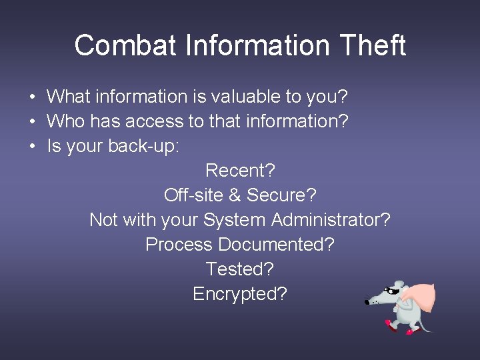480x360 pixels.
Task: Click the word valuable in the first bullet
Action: point(246,97)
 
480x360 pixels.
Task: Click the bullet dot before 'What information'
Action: point(32,97)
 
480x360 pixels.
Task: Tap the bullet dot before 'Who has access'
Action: point(32,122)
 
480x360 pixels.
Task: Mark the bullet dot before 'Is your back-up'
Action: point(32,147)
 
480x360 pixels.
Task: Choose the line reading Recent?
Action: point(240,171)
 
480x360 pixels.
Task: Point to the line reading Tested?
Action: point(240,269)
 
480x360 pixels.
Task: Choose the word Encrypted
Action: point(239,294)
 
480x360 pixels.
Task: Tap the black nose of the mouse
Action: point(367,303)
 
